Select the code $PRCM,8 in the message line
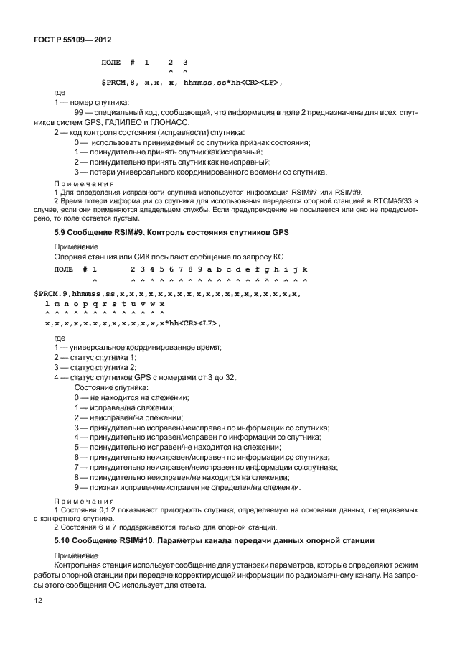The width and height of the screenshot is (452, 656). point(121,83)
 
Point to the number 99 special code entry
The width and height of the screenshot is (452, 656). point(80,114)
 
